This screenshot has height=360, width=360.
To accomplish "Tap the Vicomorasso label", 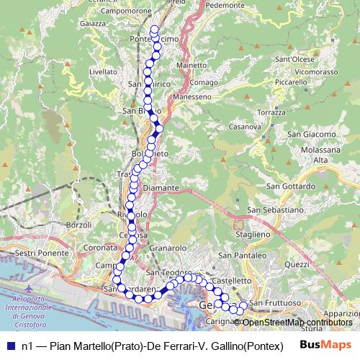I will click(317, 72).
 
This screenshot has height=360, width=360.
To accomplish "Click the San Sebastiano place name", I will click(273, 210).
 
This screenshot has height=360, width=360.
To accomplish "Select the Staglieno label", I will click(251, 234).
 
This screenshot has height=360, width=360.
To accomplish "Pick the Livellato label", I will click(103, 72).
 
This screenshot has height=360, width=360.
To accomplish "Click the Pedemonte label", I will click(225, 4).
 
